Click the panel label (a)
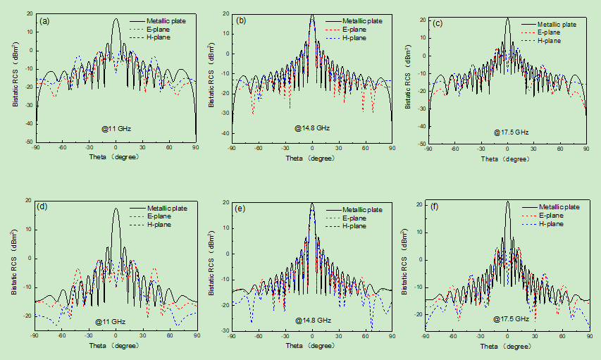pos(44,20)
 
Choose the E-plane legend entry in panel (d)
pos(161,216)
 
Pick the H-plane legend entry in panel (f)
pos(552,223)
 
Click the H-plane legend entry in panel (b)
pos(357,37)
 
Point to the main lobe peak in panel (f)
pos(507,201)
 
